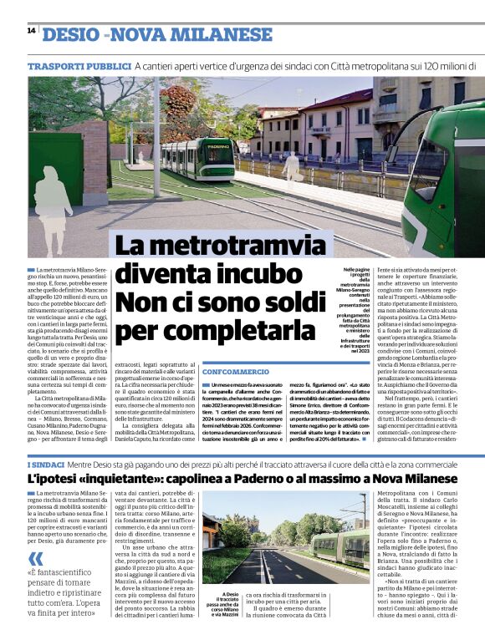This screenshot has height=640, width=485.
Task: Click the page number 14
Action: pos(31,30)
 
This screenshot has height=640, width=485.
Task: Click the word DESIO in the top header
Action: pos(71,34)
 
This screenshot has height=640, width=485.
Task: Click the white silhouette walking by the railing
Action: pos(292,165)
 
